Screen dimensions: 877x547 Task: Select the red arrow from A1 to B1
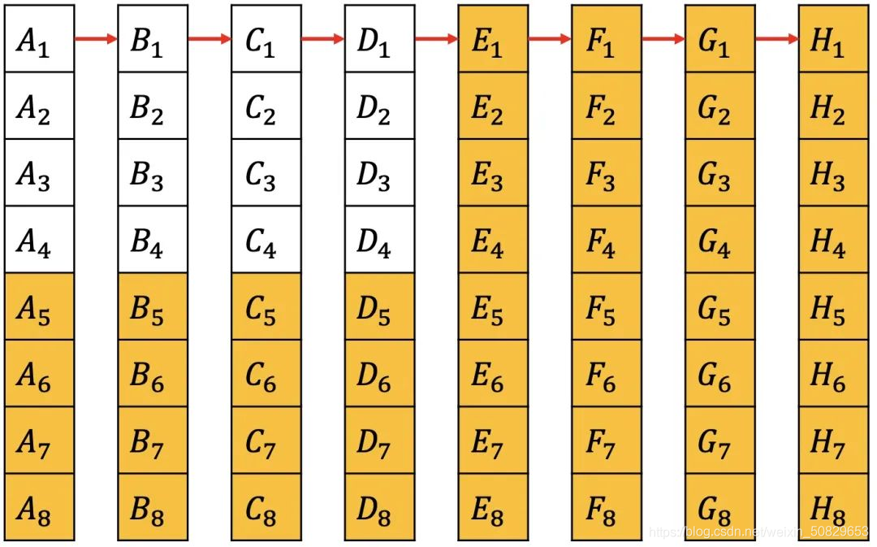coord(97,38)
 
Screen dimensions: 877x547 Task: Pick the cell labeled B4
coord(152,240)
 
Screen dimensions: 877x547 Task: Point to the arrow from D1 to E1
coord(437,38)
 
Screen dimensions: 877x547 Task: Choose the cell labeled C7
coord(266,441)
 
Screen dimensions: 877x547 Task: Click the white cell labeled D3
coord(379,172)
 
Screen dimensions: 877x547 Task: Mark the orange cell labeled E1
coord(493,38)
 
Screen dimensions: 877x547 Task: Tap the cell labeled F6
coord(606,373)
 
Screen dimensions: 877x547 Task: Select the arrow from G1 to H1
coord(777,38)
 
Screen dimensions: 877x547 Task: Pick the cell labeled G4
coord(719,240)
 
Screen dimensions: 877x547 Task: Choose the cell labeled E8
coord(493,507)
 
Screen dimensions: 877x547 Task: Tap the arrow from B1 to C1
coord(210,38)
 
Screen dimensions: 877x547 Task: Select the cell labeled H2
coord(833,106)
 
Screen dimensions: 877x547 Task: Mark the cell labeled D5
coord(379,306)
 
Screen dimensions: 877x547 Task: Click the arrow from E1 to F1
coord(550,38)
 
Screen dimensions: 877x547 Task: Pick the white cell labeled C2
coord(266,106)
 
